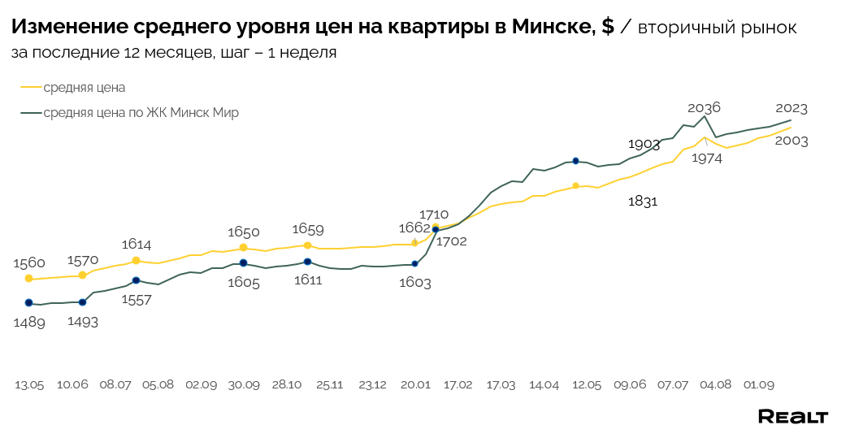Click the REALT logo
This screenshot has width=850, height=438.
click(x=792, y=417)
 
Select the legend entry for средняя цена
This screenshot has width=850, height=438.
click(x=84, y=88)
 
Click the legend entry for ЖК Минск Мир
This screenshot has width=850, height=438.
click(x=141, y=113)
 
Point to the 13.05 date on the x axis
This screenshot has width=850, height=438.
click(x=29, y=384)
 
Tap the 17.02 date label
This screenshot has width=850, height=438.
click(x=458, y=384)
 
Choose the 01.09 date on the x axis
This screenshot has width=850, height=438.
click(x=758, y=384)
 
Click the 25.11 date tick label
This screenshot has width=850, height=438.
click(x=329, y=384)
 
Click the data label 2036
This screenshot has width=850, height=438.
click(x=704, y=107)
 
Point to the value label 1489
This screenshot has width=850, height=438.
click(x=29, y=322)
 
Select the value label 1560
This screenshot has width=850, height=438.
click(x=29, y=262)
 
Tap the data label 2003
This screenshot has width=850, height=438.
click(x=791, y=141)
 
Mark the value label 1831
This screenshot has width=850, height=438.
click(x=643, y=201)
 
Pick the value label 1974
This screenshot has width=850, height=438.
click(x=707, y=158)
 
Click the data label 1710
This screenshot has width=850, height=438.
click(x=433, y=214)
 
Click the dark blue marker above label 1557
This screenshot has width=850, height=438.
click(x=136, y=280)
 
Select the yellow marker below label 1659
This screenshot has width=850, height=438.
click(x=307, y=245)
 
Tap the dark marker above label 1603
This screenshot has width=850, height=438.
click(x=415, y=263)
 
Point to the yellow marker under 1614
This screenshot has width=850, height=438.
click(x=136, y=261)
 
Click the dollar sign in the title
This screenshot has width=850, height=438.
click(x=608, y=28)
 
